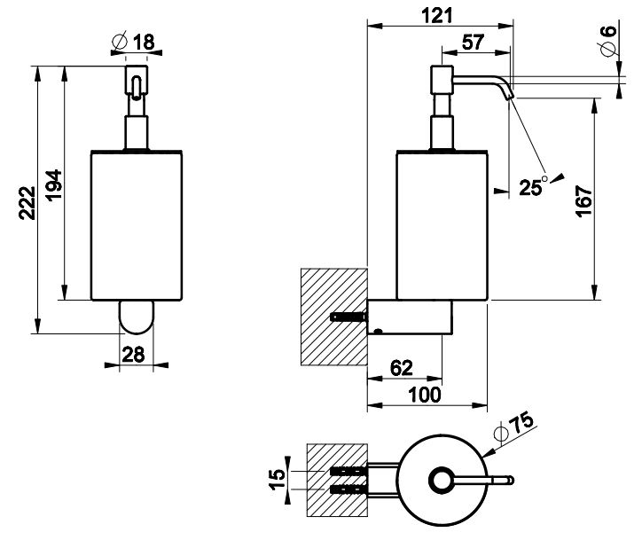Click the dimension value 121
tap(438, 15)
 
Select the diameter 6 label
tap(607, 42)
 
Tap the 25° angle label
tap(535, 186)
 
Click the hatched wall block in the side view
tap(333, 317)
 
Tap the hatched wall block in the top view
tap(335, 480)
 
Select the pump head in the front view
tap(136, 80)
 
